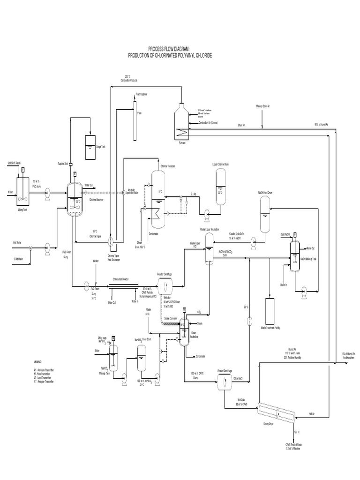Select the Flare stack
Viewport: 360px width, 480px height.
click(x=134, y=120)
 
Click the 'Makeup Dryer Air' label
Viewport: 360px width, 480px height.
click(x=262, y=106)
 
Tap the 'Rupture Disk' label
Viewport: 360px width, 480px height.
click(x=63, y=164)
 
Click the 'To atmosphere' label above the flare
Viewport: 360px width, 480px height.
click(x=142, y=94)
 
